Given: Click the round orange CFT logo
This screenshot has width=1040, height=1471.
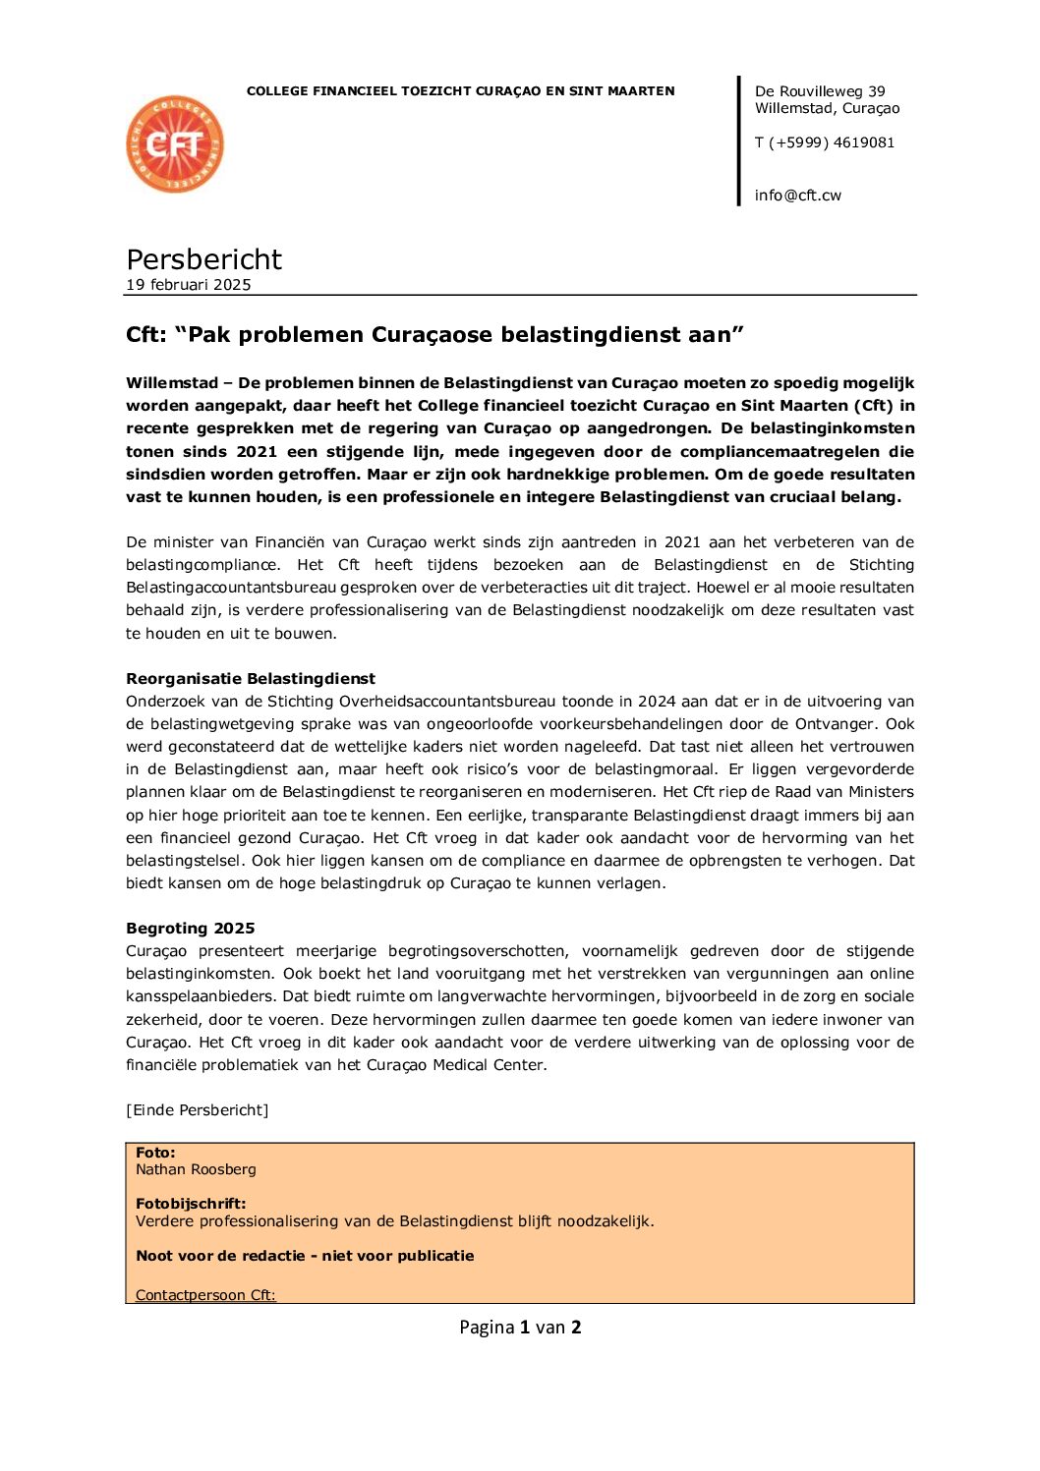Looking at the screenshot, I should point(175,144).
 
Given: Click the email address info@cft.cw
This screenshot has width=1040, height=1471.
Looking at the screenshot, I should point(797,196).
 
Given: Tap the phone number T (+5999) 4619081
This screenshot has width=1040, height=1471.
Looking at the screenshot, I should point(824,142).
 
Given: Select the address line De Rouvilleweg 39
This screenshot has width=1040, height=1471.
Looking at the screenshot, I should point(820,91).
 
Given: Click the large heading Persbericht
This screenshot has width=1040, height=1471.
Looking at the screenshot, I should point(203,259).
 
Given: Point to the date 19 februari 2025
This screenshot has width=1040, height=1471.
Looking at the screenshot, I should point(188,285).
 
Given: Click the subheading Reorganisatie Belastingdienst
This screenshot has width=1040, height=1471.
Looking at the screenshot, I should point(250,679).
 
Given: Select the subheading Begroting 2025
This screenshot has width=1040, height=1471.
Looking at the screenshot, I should point(190,929).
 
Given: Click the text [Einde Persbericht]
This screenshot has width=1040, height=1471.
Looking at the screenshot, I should point(197,1110).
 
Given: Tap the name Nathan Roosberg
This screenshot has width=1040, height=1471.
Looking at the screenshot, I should point(196,1169).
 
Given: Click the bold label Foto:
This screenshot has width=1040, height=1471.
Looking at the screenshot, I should point(155,1153).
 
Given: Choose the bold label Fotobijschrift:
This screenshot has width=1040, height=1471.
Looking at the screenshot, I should point(191,1204).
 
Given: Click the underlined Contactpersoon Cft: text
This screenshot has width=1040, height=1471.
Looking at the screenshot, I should point(205,1295).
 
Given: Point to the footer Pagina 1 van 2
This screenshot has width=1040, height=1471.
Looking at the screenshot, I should point(520,1328).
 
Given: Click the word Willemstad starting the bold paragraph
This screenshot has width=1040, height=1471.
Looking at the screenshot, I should point(172,383).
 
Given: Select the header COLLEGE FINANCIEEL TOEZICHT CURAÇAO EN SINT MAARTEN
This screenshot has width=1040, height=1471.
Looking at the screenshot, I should point(460,91).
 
